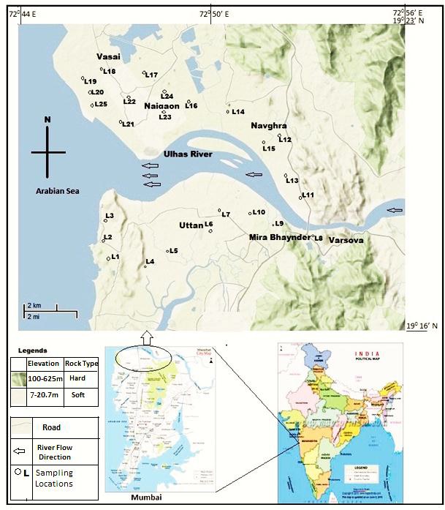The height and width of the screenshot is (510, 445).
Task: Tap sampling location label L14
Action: click(x=237, y=112)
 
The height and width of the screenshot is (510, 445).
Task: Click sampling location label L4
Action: click(x=150, y=261)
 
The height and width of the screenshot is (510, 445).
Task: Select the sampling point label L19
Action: click(x=91, y=80)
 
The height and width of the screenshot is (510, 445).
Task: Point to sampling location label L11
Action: click(x=308, y=195)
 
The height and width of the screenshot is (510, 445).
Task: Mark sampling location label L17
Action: click(x=152, y=75)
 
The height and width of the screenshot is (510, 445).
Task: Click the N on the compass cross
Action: click(x=47, y=121)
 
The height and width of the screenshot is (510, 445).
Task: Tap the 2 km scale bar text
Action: click(x=34, y=305)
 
